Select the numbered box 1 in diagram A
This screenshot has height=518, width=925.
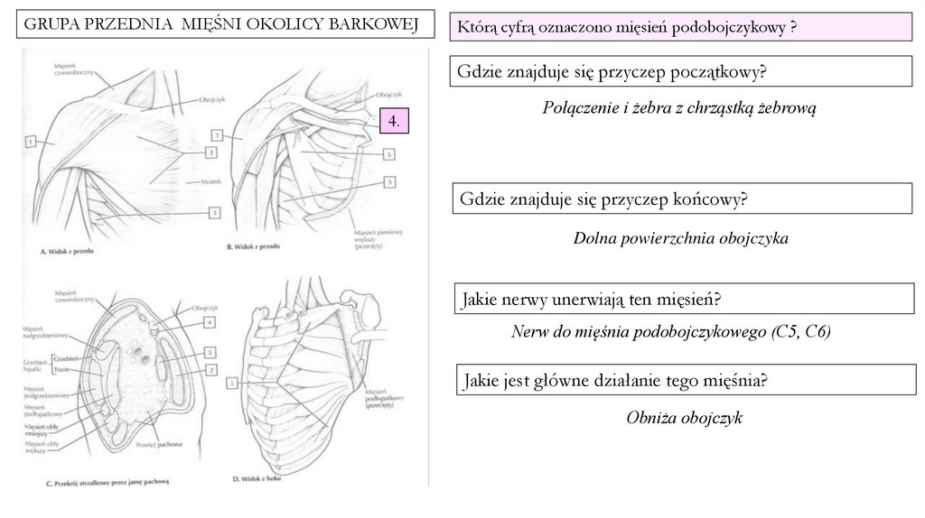(x=31, y=142)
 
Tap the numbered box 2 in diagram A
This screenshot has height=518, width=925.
(x=210, y=152)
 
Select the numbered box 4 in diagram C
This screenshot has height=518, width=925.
(x=209, y=322)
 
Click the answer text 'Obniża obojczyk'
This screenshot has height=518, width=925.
(x=684, y=419)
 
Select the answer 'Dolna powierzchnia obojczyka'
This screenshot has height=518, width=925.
(x=681, y=239)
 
